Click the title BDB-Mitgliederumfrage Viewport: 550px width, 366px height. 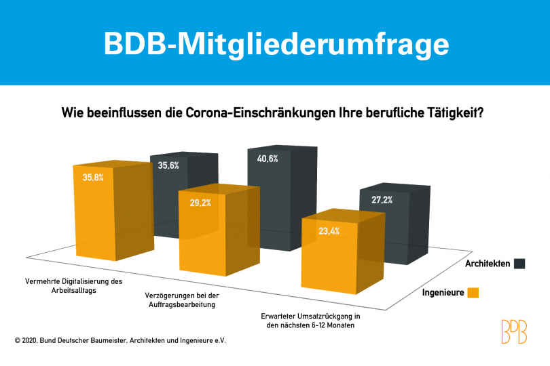[275, 43]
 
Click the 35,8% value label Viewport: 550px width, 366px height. [93, 178]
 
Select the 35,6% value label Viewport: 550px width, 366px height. [168, 166]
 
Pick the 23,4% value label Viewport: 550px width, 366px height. [329, 231]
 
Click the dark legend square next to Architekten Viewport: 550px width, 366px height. [519, 264]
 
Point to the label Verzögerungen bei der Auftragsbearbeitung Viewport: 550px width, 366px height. [183, 301]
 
